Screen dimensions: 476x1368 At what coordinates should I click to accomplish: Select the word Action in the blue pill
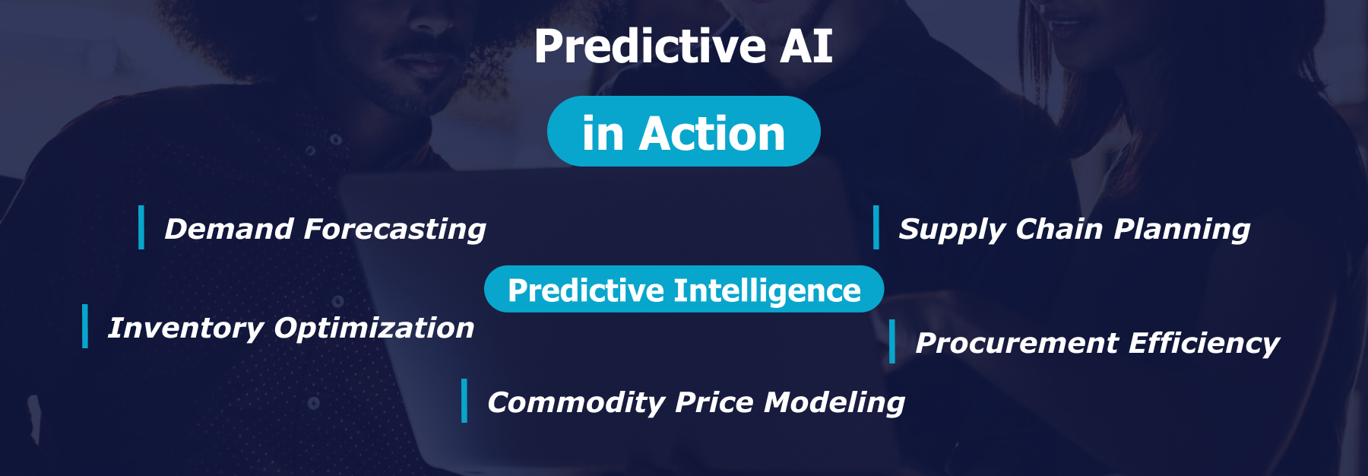(x=712, y=135)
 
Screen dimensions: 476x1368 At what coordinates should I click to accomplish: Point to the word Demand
(x=229, y=229)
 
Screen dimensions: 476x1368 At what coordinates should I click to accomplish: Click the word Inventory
(x=185, y=328)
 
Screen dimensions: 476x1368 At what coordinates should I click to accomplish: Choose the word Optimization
(x=374, y=328)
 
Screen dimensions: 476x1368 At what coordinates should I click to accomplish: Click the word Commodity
(x=576, y=402)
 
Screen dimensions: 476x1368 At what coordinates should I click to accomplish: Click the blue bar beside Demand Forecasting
(x=141, y=227)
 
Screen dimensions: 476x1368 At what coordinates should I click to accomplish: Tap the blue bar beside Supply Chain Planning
(x=876, y=227)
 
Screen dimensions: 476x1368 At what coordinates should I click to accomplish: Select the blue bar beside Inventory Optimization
(x=85, y=326)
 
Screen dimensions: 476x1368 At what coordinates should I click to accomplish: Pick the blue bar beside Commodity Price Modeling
(x=464, y=401)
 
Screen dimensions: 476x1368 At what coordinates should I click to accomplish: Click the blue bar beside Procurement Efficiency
(x=892, y=341)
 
